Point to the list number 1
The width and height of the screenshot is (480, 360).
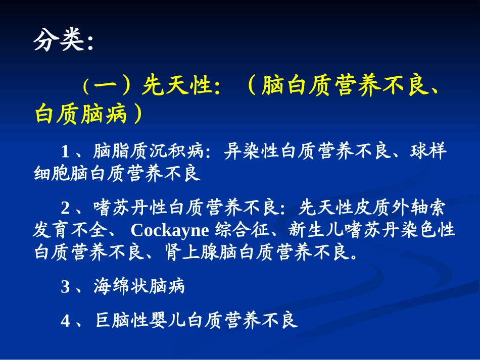(x=65, y=151)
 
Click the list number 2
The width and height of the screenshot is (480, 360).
(x=65, y=208)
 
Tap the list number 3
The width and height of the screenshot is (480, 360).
(x=65, y=287)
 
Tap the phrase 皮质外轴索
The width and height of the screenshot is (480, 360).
(x=399, y=208)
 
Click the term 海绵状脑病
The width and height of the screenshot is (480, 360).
(x=139, y=287)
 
